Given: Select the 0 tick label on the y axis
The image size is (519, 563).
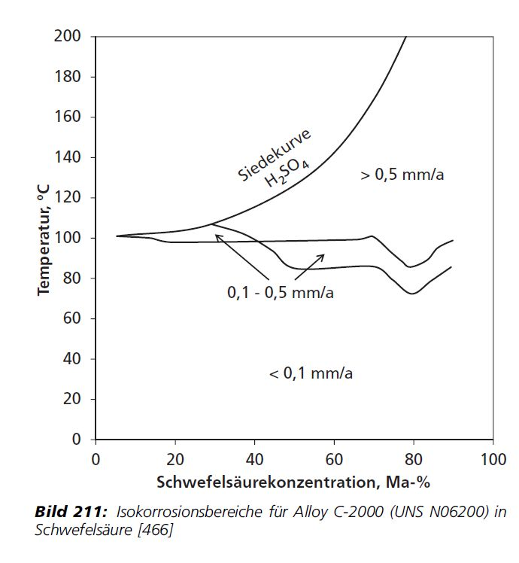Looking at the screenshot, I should click(x=81, y=439).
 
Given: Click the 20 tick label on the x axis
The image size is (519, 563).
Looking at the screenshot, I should click(x=175, y=459).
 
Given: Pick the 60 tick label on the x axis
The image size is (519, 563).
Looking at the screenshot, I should click(x=334, y=459).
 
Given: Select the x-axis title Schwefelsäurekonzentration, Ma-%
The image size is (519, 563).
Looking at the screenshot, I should click(x=293, y=480).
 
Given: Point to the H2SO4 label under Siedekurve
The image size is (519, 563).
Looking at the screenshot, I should click(x=287, y=172).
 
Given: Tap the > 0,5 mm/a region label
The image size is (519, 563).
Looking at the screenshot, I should click(x=402, y=175).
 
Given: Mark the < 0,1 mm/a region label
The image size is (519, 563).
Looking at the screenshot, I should click(x=311, y=373).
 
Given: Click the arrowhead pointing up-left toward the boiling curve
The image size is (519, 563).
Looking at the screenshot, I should click(x=218, y=237).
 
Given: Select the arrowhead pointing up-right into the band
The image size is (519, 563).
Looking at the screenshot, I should click(x=321, y=257).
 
